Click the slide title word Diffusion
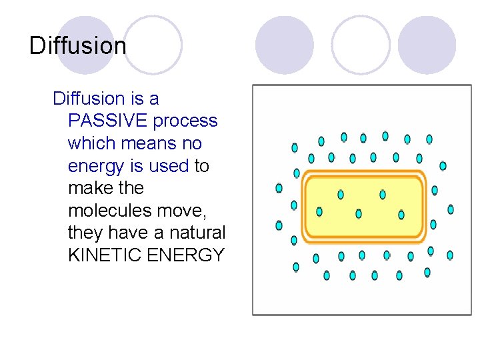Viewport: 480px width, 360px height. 78,46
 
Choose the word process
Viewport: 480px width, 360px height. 185,121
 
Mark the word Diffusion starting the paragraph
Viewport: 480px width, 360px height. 89,99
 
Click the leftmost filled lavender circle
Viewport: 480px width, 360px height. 85,44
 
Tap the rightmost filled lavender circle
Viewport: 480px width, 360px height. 427,45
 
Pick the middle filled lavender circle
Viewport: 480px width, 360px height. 285,45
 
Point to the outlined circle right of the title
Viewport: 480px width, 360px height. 153,45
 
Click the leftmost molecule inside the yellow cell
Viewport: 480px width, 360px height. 319,212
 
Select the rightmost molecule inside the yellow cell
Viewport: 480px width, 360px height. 401,214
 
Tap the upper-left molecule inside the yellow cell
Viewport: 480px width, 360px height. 341,195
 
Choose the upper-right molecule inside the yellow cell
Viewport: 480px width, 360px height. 383,195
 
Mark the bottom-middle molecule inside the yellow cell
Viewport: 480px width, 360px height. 359,214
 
